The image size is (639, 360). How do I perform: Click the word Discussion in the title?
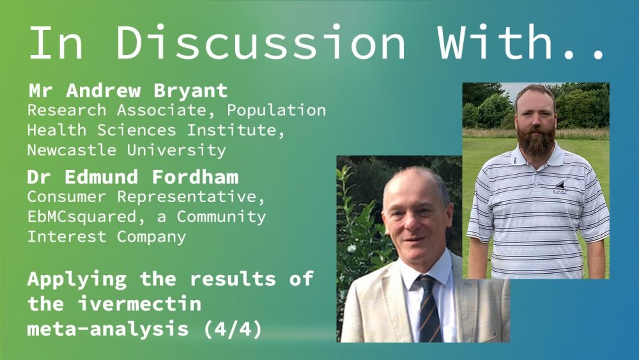261,42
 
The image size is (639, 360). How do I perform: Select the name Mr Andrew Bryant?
128,91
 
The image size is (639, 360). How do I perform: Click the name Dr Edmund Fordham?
133,177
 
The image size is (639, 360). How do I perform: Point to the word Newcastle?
72,150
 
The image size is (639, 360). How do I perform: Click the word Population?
276,111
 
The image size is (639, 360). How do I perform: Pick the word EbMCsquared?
82,217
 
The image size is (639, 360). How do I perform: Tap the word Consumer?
67,196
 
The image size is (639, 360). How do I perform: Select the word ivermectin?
139,304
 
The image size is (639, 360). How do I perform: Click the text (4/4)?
233,329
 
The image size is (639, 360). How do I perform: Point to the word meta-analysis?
107,329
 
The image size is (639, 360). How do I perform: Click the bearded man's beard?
536,141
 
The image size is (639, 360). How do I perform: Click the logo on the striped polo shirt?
560,187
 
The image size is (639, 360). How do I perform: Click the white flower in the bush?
351,248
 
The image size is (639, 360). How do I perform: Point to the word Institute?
235,130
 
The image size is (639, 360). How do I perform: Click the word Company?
151,237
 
